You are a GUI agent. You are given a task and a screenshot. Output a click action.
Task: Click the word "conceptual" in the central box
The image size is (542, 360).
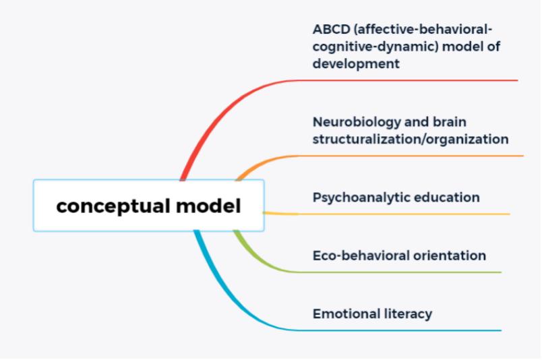(x=113, y=206)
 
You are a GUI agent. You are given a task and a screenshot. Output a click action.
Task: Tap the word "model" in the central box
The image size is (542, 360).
(x=208, y=206)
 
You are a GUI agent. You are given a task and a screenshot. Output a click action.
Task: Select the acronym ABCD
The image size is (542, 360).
(x=332, y=30)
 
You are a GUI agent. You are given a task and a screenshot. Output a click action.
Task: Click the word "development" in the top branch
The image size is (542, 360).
(x=356, y=64)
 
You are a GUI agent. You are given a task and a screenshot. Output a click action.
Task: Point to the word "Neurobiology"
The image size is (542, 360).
(x=357, y=122)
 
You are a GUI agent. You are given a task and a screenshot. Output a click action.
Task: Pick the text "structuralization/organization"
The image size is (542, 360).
(x=411, y=140)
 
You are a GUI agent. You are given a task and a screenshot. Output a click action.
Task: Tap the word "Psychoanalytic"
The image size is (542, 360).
(x=361, y=198)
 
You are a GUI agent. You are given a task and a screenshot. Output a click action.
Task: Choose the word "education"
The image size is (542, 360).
(x=446, y=197)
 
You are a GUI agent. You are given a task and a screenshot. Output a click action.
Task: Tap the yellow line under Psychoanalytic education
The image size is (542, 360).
(x=386, y=214)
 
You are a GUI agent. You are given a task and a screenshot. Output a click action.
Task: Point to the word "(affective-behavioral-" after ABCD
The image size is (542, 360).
(x=423, y=30)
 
